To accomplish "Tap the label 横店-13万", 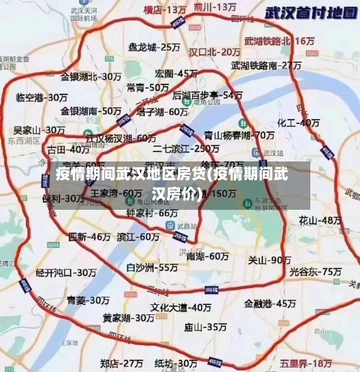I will [165, 10].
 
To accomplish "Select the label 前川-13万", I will [215, 6].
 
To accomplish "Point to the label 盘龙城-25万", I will [154, 47].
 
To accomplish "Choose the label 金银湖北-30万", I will [91, 76].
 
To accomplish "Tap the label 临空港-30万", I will [41, 97].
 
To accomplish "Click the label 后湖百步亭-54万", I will [207, 94].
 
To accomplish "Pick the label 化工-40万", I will [299, 123].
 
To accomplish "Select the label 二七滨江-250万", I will [186, 149].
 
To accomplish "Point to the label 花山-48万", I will [320, 219].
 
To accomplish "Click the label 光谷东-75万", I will [315, 271].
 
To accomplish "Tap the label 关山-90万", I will [269, 260].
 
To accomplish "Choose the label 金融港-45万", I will [270, 303].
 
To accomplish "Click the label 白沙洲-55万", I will [152, 267].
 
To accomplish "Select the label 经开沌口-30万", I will [66, 273].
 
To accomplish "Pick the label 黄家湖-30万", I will [127, 317].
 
